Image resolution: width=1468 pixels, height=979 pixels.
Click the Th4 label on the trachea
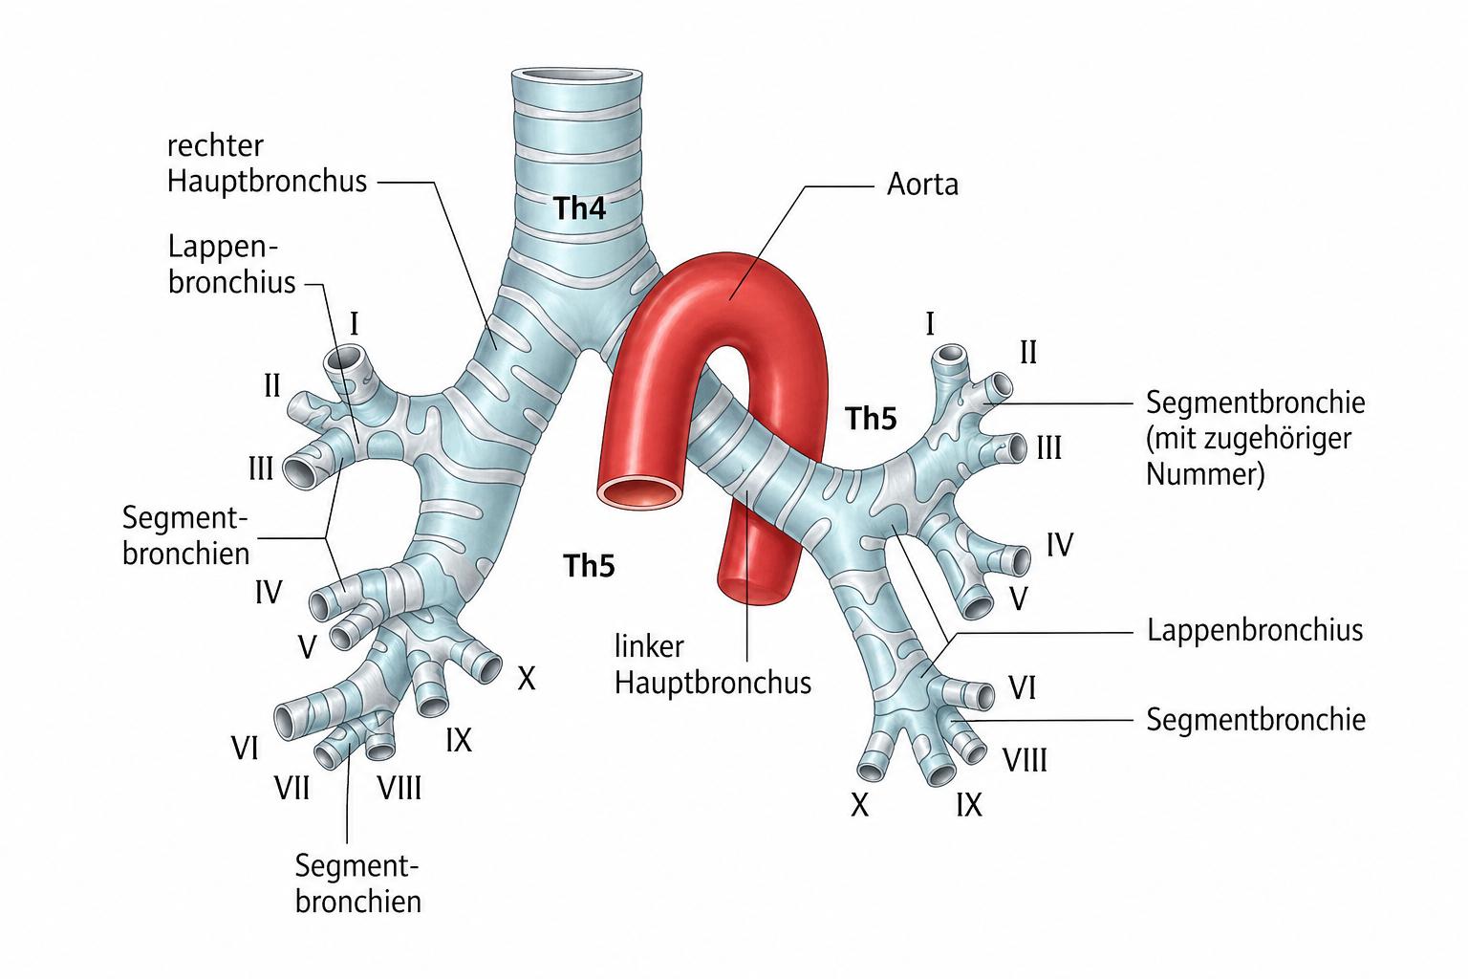(x=580, y=208)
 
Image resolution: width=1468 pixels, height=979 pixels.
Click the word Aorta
(x=922, y=185)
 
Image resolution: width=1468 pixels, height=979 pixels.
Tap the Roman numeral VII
(x=292, y=788)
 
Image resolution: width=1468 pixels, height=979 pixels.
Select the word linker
(x=649, y=646)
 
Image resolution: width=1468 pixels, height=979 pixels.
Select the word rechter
(x=216, y=145)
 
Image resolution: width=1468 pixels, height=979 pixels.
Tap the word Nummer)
(x=1205, y=473)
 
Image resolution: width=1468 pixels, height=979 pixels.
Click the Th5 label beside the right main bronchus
(x=589, y=565)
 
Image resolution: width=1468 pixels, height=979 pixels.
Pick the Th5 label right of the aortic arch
(x=871, y=419)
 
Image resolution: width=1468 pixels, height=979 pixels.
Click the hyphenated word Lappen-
(x=224, y=248)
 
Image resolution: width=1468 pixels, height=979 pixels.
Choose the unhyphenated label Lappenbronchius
(x=1255, y=631)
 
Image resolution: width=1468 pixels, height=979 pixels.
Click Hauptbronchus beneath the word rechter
(x=268, y=182)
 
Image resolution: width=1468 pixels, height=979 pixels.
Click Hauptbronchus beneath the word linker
(x=713, y=684)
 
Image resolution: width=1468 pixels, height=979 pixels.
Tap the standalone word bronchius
(x=232, y=282)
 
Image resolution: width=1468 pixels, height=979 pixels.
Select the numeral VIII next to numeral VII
(x=399, y=788)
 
